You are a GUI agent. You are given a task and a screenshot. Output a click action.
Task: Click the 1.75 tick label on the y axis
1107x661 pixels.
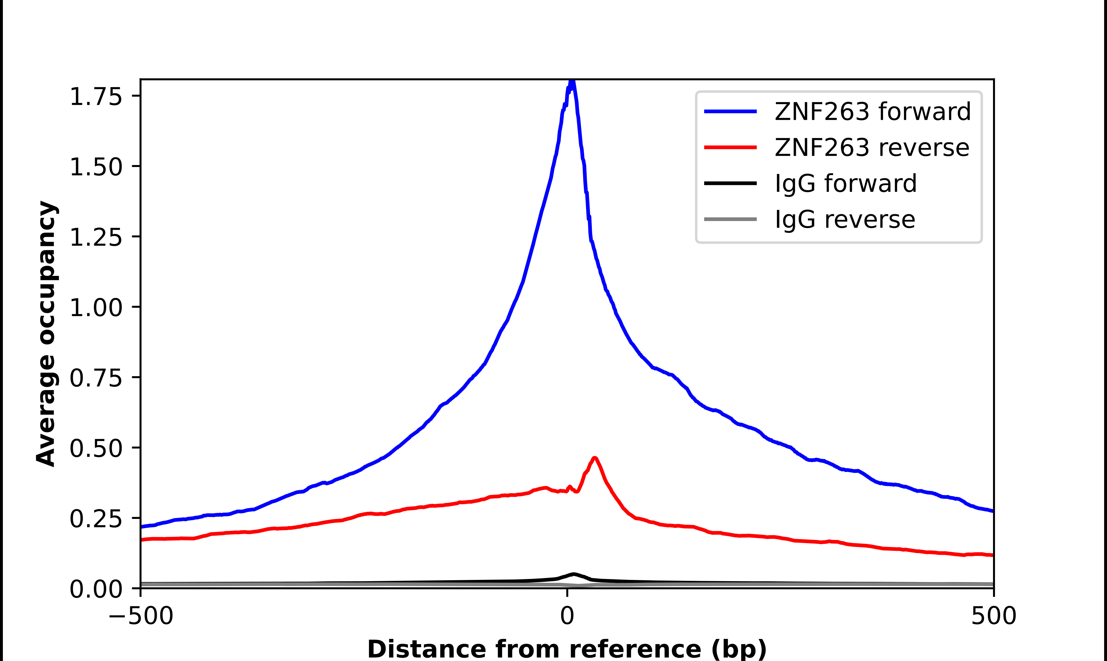point(96,97)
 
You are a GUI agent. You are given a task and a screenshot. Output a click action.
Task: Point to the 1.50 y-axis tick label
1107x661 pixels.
point(96,167)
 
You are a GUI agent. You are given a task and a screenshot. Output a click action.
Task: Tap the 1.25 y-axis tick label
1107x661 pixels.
point(96,237)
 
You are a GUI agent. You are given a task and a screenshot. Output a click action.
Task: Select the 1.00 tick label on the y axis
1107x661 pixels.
point(96,308)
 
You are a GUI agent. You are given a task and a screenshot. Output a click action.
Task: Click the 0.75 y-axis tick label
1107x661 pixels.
point(96,378)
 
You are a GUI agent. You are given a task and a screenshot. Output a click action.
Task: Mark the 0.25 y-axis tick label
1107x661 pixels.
point(96,519)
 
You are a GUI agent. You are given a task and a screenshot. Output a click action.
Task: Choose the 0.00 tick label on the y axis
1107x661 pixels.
point(96,589)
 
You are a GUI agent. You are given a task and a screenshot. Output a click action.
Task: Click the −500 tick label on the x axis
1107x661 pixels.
point(141,616)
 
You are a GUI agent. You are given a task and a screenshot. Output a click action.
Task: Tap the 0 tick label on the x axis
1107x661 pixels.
point(567,616)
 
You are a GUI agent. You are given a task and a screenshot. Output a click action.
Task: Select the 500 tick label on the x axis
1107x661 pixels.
point(993,616)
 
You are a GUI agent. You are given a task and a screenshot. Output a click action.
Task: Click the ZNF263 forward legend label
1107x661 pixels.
point(872,111)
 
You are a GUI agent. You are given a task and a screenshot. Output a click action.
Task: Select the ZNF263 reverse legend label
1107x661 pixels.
point(871,148)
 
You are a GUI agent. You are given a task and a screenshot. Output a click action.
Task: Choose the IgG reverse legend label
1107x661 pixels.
point(845,219)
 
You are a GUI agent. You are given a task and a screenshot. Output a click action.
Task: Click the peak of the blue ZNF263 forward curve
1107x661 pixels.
point(572,81)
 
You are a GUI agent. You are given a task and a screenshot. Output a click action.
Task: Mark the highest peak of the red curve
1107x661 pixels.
point(595,458)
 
